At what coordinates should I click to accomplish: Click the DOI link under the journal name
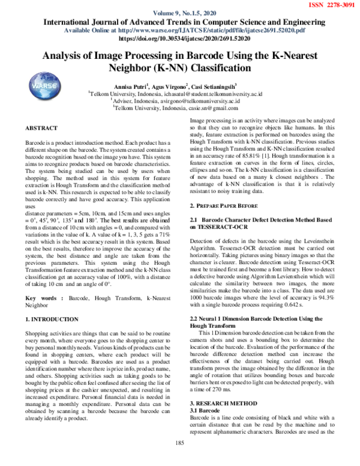click(179, 37)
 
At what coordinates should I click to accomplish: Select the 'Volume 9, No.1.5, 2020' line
click(179, 13)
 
